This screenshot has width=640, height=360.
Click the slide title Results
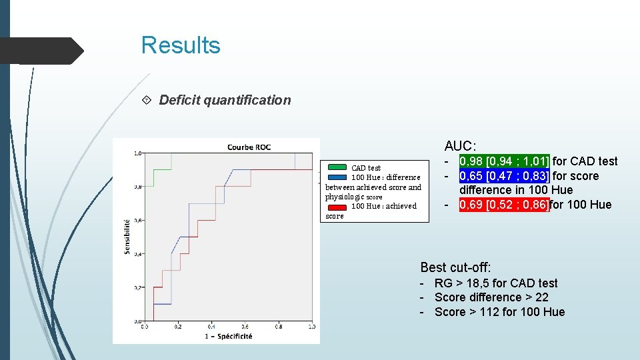tap(181, 45)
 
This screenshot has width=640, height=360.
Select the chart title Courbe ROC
tap(249, 147)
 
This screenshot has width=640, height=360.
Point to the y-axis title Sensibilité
tap(127, 237)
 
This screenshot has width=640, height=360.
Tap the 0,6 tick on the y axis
tap(137, 220)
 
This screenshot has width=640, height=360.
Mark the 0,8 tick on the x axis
tap(278, 327)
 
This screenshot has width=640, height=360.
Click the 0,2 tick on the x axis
tap(177, 327)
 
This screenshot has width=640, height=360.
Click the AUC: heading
tap(461, 146)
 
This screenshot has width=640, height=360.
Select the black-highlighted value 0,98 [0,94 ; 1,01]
tap(504, 161)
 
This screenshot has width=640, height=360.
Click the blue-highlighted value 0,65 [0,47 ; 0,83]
tap(504, 176)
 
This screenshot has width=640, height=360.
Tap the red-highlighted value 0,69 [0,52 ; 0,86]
tap(504, 205)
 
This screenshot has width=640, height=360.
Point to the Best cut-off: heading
tap(455, 267)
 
